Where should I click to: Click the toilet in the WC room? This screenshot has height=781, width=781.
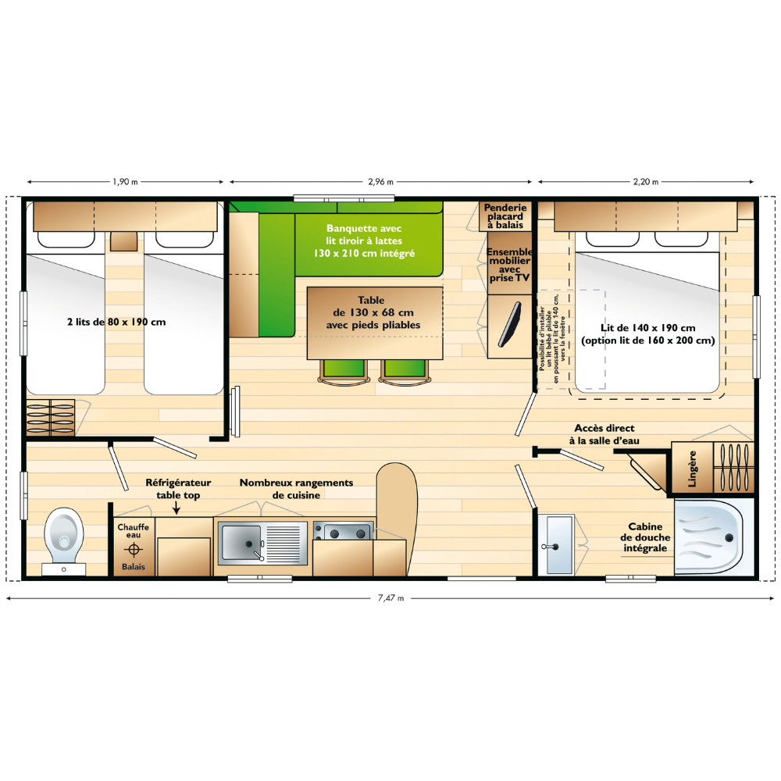click(64, 541)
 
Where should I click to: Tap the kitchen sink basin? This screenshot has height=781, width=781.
click(241, 543)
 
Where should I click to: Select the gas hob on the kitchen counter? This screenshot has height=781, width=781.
click(343, 531)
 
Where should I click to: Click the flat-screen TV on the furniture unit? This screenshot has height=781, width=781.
click(509, 324)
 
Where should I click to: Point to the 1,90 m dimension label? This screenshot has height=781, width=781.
click(125, 182)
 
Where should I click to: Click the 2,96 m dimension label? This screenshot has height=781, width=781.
click(380, 182)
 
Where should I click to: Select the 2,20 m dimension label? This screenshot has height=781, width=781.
click(646, 182)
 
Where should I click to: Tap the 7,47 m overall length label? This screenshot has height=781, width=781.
click(390, 598)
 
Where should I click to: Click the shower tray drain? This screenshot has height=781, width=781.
click(729, 537)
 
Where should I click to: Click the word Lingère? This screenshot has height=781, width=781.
click(692, 469)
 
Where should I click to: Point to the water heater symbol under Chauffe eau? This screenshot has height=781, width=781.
click(134, 549)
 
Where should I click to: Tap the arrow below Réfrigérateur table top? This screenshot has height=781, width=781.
click(177, 508)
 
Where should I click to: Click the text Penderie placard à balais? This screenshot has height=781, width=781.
click(505, 216)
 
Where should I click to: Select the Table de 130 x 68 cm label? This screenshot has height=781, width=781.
click(373, 312)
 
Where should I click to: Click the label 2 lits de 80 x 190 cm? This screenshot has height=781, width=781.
click(116, 322)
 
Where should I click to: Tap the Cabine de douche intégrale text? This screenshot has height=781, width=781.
click(645, 537)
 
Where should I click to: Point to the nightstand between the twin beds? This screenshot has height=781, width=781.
click(123, 241)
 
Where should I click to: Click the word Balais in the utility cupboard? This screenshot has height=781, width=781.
click(134, 567)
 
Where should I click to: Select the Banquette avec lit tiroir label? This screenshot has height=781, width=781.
click(364, 241)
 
